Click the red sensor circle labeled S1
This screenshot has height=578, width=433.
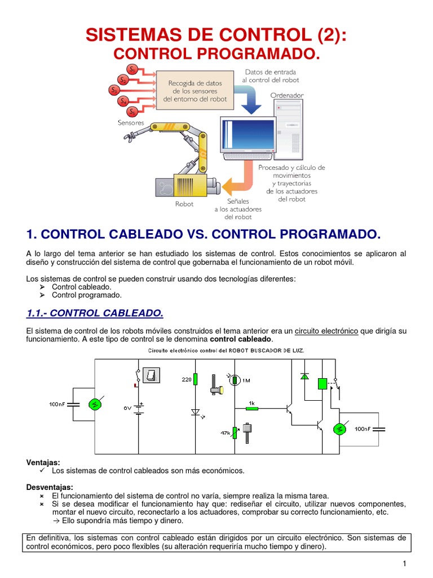tap(132, 69)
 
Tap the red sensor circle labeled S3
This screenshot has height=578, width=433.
tap(114, 90)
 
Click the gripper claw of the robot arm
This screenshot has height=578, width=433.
tap(132, 136)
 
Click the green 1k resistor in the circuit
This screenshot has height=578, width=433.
tap(252, 407)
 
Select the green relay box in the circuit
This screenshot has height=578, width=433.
tap(322, 384)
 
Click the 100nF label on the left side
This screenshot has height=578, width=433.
tap(58, 404)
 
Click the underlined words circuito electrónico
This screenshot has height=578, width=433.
tap(326, 330)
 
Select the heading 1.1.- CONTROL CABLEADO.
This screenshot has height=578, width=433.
tap(95, 313)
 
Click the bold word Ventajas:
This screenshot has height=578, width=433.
tap(43, 462)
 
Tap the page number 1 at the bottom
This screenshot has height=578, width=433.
tap(404, 564)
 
